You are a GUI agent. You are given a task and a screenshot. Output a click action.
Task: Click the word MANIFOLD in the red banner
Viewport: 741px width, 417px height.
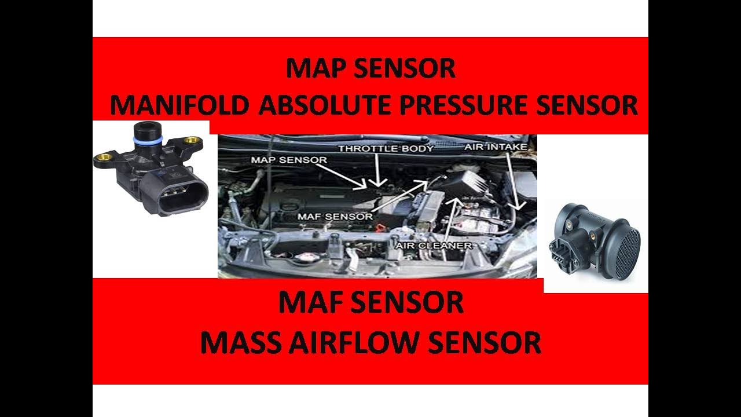coord(179,105)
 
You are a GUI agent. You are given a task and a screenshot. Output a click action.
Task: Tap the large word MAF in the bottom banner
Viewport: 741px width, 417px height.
coord(307,302)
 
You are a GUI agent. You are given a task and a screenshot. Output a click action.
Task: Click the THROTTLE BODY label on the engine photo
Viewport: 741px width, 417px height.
coord(386,148)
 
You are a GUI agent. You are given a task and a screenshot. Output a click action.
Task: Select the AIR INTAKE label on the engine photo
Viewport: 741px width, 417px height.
coord(496,147)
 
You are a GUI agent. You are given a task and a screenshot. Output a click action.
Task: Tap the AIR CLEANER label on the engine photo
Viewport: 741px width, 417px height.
coord(434,246)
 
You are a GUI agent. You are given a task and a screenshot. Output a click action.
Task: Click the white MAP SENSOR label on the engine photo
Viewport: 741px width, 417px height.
coord(289,160)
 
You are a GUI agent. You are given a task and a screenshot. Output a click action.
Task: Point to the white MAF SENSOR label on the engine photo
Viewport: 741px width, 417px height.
coord(335,217)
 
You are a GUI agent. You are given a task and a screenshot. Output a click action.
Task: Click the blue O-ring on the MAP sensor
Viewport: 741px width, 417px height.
coord(148,140)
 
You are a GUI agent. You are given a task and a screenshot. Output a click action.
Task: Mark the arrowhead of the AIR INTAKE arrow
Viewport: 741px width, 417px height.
coord(518,206)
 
